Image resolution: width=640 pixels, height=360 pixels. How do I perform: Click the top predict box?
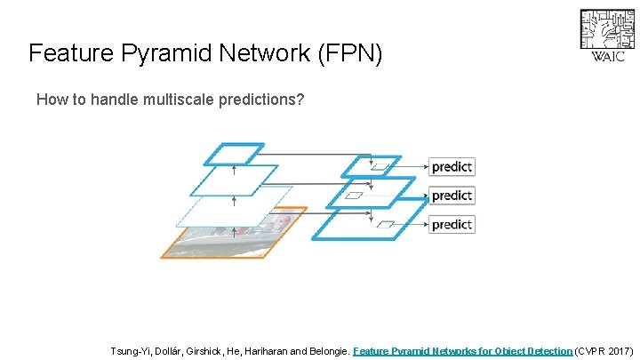[452, 166]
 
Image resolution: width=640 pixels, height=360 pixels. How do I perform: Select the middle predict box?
[452, 195]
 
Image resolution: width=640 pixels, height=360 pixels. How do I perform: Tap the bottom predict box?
[452, 224]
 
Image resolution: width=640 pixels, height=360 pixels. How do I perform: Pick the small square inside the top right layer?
[380, 166]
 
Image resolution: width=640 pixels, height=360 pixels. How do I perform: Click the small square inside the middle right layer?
[354, 195]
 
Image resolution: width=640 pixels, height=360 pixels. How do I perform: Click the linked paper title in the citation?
[462, 351]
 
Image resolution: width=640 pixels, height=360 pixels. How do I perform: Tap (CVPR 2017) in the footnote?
[604, 351]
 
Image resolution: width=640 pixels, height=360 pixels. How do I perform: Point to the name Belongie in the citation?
[324, 351]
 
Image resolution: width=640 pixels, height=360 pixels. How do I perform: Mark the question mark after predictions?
[300, 100]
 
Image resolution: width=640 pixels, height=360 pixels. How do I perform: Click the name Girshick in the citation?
[204, 351]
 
